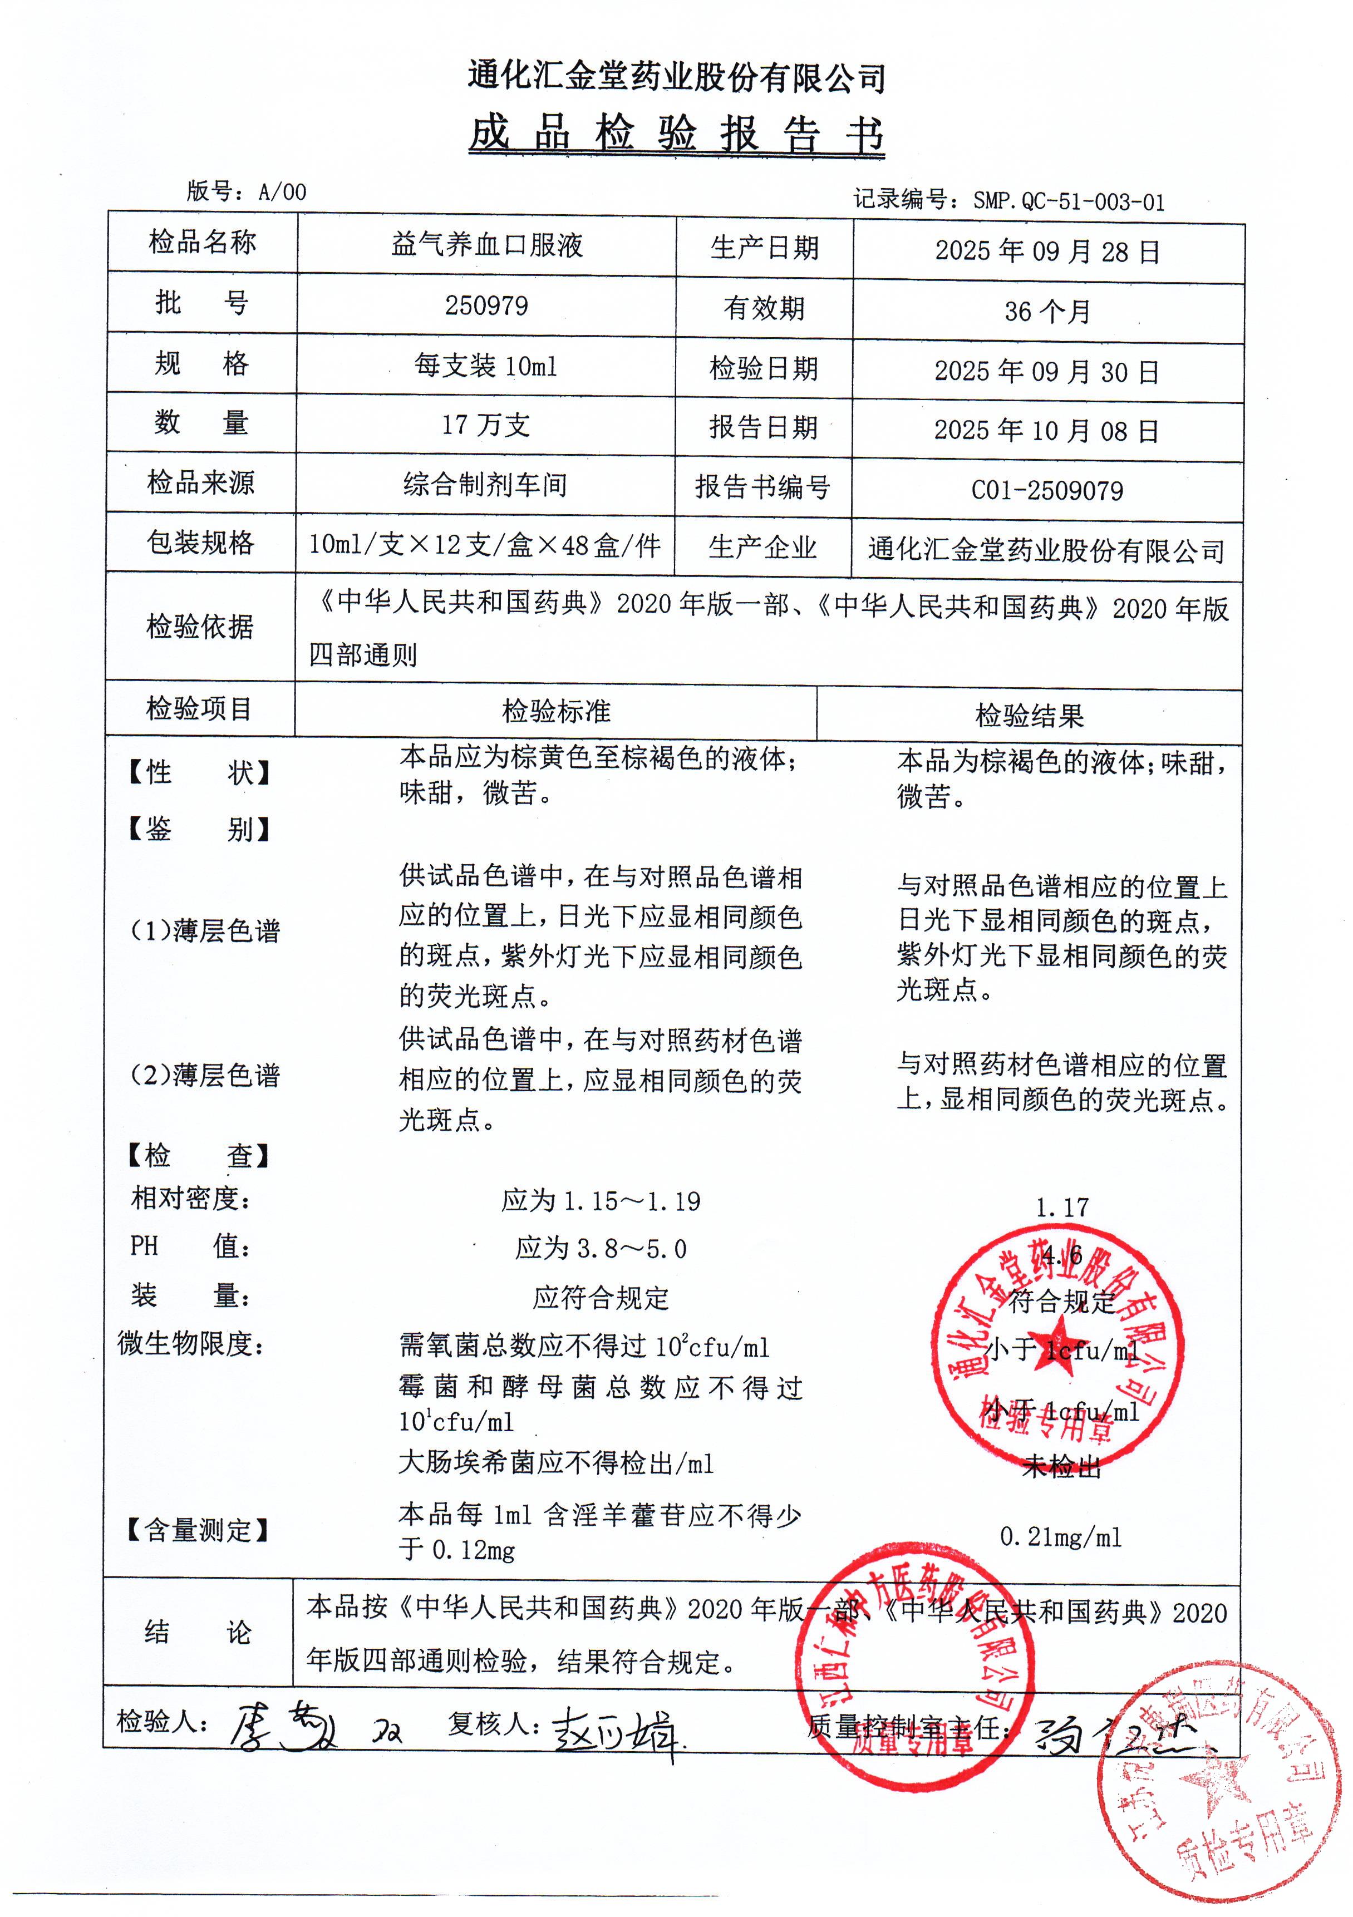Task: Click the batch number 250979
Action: tap(486, 305)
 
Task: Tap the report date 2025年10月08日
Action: tap(1046, 431)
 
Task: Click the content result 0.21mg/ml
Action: tap(1061, 1537)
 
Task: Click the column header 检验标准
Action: tap(556, 711)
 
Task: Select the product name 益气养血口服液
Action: tap(486, 245)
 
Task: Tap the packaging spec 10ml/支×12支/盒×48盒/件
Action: tap(484, 545)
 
